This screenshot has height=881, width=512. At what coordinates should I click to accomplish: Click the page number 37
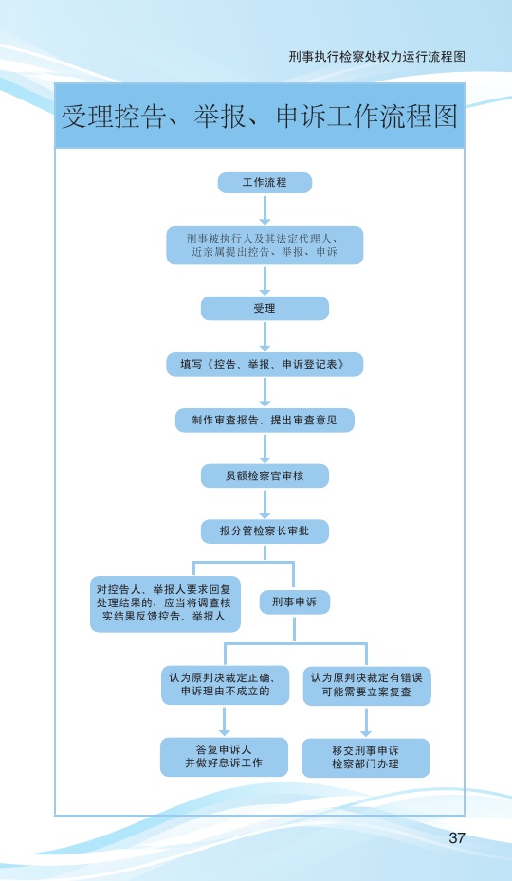point(457,837)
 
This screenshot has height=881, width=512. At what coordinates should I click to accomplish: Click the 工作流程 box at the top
point(265,183)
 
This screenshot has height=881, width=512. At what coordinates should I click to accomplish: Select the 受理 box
point(265,309)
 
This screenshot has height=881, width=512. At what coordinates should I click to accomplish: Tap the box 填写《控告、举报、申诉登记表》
point(265,364)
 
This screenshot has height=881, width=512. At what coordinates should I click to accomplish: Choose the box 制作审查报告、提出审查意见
point(265,420)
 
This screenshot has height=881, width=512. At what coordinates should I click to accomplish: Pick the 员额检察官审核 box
point(265,476)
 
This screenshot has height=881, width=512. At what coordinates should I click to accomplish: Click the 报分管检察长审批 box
point(265,530)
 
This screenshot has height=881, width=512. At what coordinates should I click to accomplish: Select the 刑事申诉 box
point(294,602)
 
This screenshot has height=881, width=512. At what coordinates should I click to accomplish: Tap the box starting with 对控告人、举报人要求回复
point(165,603)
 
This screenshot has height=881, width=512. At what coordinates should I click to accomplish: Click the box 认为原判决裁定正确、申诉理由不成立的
point(225,685)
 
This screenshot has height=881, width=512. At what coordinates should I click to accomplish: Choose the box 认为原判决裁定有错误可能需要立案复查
point(367,685)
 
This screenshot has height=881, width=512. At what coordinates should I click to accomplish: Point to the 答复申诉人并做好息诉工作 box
point(224,757)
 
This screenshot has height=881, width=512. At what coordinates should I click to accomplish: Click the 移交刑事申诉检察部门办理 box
point(366,758)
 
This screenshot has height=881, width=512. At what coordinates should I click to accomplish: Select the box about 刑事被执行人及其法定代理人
point(265,245)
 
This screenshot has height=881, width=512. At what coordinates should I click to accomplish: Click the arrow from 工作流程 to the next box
point(265,209)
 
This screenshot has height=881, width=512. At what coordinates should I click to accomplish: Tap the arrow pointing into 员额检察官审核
point(265,448)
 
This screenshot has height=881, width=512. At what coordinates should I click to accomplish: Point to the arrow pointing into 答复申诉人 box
point(224,721)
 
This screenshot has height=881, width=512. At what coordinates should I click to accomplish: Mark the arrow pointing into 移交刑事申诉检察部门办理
point(366,722)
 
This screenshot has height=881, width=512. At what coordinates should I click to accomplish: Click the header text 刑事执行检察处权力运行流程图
point(377,57)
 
